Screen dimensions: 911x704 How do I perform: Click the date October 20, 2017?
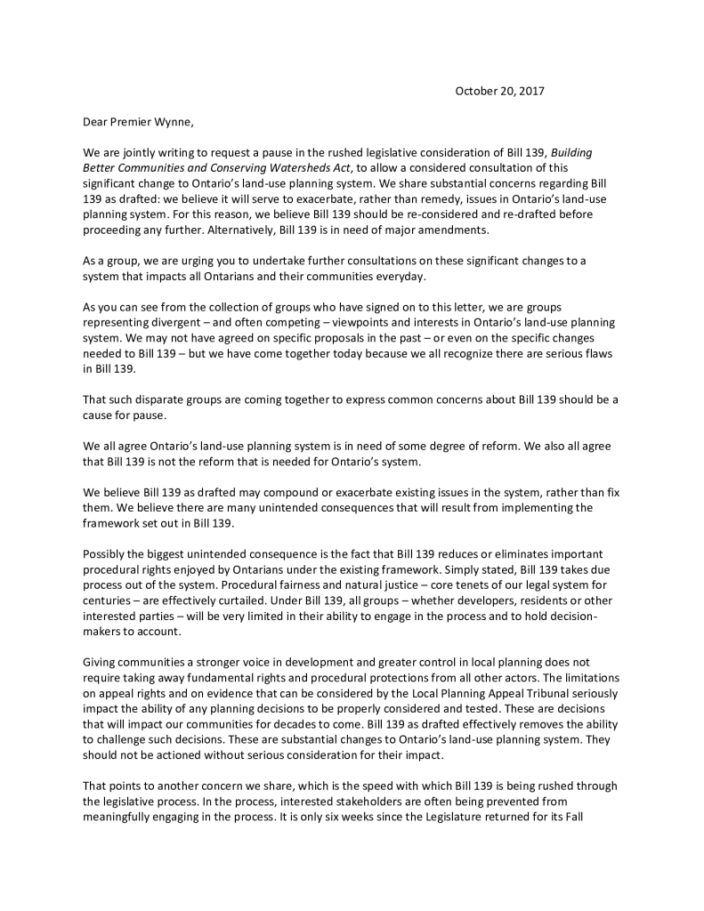[499, 91]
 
